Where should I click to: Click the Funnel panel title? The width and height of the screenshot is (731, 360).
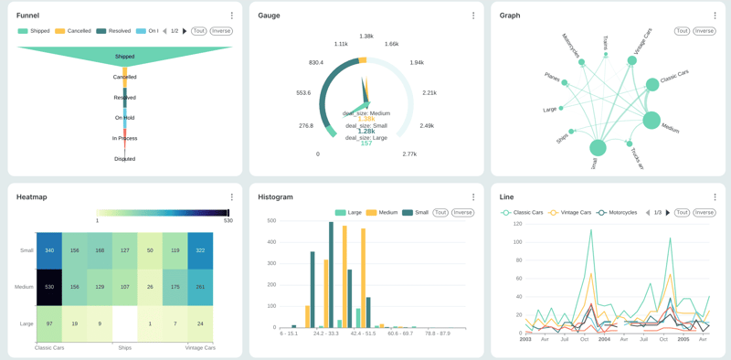click(x=27, y=16)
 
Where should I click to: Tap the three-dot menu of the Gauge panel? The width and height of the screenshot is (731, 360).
click(x=473, y=16)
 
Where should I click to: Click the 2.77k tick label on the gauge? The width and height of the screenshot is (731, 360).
click(x=409, y=154)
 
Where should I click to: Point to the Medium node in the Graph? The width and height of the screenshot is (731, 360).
click(x=651, y=120)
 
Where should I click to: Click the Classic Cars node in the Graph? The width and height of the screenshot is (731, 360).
click(x=652, y=84)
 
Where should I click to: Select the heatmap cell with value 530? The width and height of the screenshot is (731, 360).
click(x=49, y=287)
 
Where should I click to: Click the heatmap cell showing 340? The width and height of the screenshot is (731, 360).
click(x=49, y=250)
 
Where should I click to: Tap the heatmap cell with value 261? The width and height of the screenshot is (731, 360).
click(x=200, y=287)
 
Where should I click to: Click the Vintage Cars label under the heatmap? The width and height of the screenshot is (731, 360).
click(x=200, y=348)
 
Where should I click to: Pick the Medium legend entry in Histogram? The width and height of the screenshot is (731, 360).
click(x=384, y=213)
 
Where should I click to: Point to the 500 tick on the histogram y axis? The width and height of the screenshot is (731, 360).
click(x=270, y=221)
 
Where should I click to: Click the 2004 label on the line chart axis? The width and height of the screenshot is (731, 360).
click(x=604, y=339)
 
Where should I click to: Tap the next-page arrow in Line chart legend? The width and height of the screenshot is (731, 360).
click(x=668, y=213)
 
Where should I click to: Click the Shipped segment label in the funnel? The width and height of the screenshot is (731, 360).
click(x=125, y=57)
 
